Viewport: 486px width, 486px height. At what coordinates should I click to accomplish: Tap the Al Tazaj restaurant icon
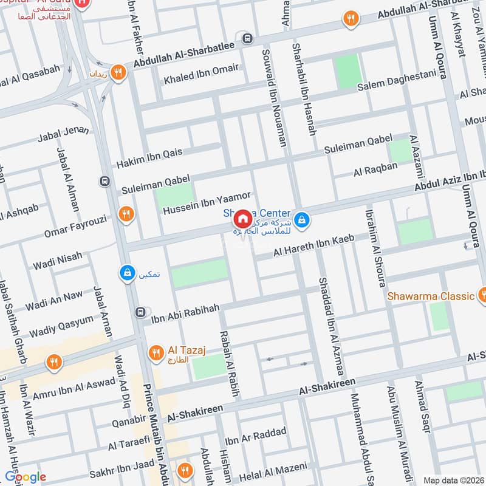pyautogui.click(x=156, y=352)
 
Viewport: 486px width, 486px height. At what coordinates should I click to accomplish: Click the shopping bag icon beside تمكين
pyautogui.click(x=126, y=273)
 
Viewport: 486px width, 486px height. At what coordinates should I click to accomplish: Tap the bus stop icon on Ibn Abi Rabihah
pyautogui.click(x=140, y=312)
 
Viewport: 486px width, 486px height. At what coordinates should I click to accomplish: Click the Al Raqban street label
pyautogui.click(x=375, y=169)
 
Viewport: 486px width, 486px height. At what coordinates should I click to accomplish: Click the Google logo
pyautogui.click(x=25, y=477)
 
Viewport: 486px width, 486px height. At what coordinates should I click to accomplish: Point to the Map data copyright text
pyautogui.click(x=453, y=481)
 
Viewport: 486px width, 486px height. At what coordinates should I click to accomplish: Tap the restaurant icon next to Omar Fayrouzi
pyautogui.click(x=126, y=213)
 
